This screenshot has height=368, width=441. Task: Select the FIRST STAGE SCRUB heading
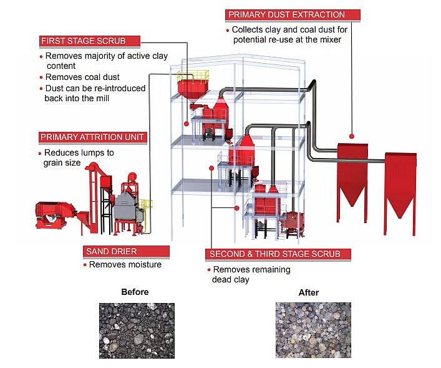[x=84, y=41]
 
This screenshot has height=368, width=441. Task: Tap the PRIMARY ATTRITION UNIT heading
[x=92, y=137]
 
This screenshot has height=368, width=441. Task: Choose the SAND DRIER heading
[x=108, y=251]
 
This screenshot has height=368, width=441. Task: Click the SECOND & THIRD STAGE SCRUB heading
[x=278, y=254]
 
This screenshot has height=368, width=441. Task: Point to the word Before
[x=135, y=292]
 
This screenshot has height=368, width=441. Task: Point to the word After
[x=309, y=292]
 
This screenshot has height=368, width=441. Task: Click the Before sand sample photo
[x=137, y=331]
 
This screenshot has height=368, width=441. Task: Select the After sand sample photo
[x=313, y=331]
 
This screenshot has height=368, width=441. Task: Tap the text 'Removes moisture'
[x=125, y=265]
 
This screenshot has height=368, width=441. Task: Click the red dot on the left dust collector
[x=352, y=136]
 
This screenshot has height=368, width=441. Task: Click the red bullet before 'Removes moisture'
[x=85, y=265]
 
